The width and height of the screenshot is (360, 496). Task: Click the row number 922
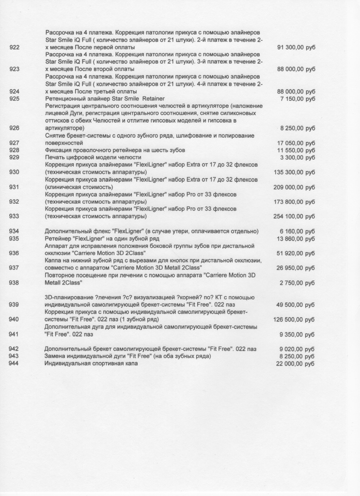pos(15,48)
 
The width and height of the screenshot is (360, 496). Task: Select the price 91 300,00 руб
pos(296,48)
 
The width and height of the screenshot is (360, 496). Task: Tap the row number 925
pos(15,98)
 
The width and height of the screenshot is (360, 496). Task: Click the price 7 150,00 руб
pos(297,98)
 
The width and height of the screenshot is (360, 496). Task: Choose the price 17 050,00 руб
pos(296,144)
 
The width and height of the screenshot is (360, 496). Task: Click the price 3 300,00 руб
pos(297,158)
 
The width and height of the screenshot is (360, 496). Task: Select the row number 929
pos(15,158)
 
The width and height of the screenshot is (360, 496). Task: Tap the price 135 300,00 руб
pos(294,172)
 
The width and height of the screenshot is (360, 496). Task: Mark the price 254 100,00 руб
pos(294,216)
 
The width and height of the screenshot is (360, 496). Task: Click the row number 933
pos(15,216)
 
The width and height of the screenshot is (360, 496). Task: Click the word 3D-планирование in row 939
pos(67,297)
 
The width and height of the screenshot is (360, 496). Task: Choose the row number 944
pos(15,364)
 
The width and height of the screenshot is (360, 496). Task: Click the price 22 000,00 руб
pos(296,364)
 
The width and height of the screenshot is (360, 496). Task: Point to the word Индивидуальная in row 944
pos(67,364)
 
